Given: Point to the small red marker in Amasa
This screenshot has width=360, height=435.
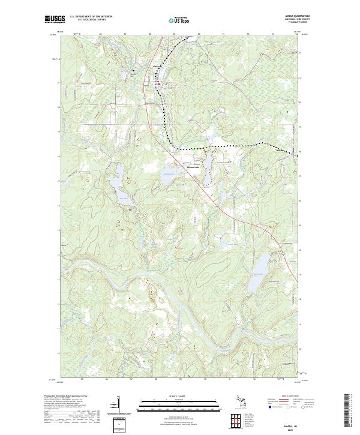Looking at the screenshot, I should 157,84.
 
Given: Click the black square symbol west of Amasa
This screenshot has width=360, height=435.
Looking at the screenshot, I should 134,73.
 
